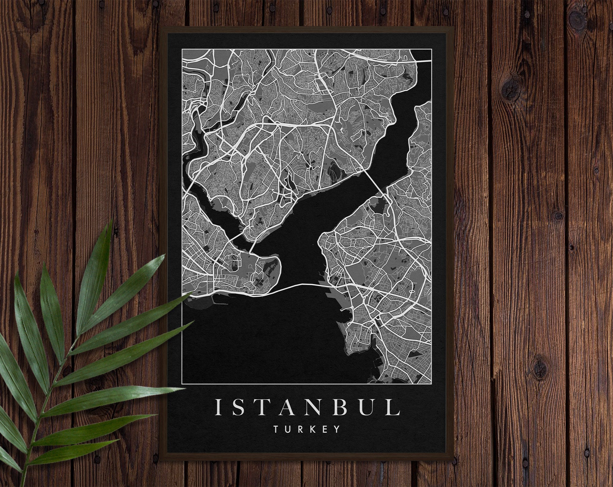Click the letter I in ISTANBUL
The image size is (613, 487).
tap(218, 407)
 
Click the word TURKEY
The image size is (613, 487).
tap(306, 429)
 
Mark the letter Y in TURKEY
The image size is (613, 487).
tap(337, 429)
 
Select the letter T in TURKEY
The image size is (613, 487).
tap(276, 429)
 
